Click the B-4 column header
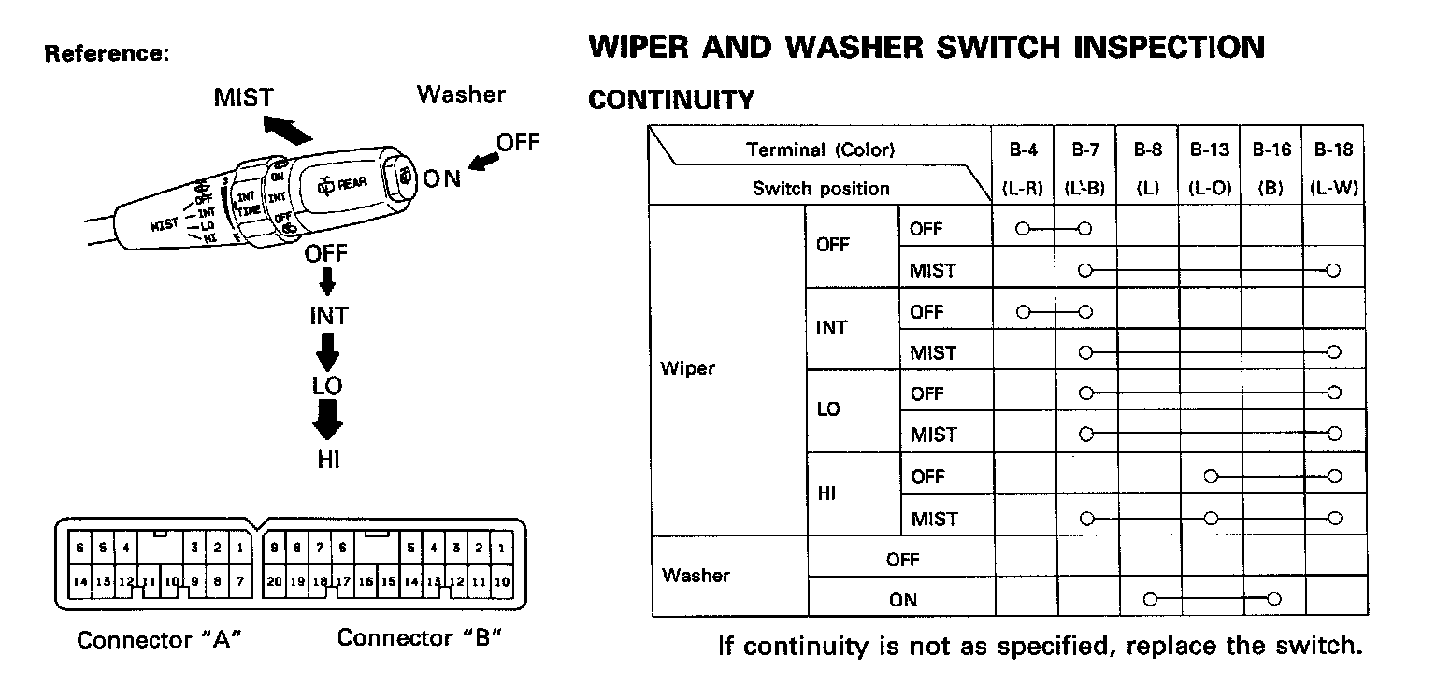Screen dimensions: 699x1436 click(x=1023, y=150)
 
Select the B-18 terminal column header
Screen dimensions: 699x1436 click(x=1333, y=150)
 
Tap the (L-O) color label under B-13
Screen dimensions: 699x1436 click(x=1209, y=189)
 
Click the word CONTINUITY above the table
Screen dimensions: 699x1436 click(x=670, y=100)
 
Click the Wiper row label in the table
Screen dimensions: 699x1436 click(x=687, y=368)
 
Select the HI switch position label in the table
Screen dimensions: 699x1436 click(x=826, y=494)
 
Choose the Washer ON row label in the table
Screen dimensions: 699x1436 click(x=903, y=600)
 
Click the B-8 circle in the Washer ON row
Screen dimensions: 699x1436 click(x=1149, y=599)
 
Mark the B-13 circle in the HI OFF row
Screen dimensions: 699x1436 click(x=1211, y=477)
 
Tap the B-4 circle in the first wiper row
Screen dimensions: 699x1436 click(x=1023, y=229)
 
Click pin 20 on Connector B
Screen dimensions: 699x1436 click(x=274, y=581)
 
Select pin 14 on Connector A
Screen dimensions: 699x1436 click(x=81, y=581)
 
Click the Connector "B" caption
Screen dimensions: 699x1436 click(x=419, y=638)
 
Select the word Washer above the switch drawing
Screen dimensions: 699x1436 click(x=461, y=94)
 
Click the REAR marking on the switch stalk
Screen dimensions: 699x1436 click(x=351, y=185)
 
